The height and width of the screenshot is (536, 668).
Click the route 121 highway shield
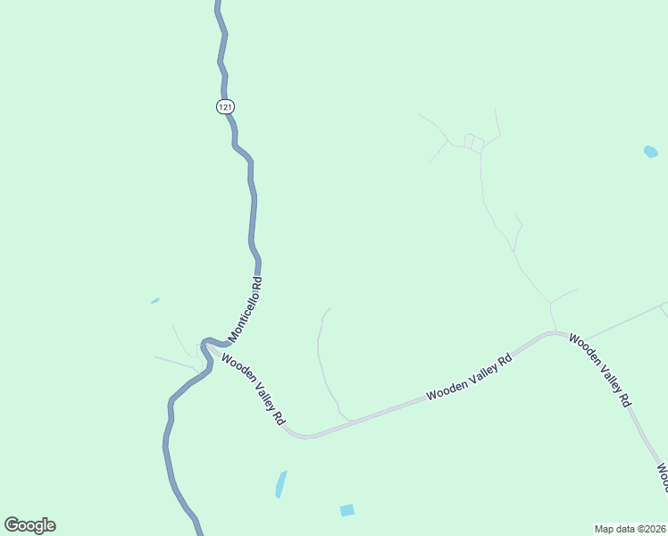tap(225, 106)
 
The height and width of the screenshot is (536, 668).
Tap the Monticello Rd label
tap(246, 310)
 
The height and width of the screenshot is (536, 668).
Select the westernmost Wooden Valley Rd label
tap(255, 391)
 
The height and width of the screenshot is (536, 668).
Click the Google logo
tap(29, 525)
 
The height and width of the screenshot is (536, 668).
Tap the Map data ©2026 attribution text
tap(630, 529)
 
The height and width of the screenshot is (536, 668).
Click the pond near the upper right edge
tap(651, 152)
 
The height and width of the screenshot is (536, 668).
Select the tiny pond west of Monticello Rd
tap(155, 301)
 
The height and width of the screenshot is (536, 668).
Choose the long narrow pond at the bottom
tap(281, 483)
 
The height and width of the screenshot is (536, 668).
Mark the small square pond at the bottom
tap(347, 510)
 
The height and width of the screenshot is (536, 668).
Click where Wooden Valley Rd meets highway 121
tap(208, 342)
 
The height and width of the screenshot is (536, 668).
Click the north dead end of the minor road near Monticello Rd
tap(330, 309)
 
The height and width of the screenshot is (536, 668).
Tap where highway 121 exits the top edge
tap(217, 3)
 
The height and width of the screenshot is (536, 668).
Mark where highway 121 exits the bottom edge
tap(199, 532)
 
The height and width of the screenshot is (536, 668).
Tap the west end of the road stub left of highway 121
tap(154, 357)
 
